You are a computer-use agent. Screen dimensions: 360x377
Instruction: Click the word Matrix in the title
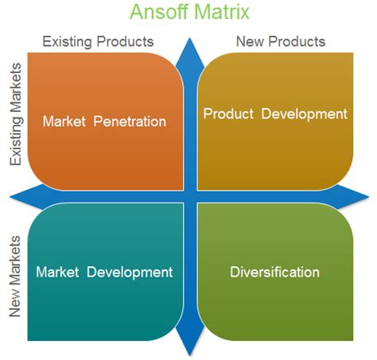pyautogui.click(x=220, y=13)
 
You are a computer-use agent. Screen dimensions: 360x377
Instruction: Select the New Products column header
pyautogui.click(x=281, y=41)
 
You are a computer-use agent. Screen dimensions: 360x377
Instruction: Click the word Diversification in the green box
pyautogui.click(x=274, y=272)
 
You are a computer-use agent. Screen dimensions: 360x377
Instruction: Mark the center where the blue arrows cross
pyautogui.click(x=191, y=196)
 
